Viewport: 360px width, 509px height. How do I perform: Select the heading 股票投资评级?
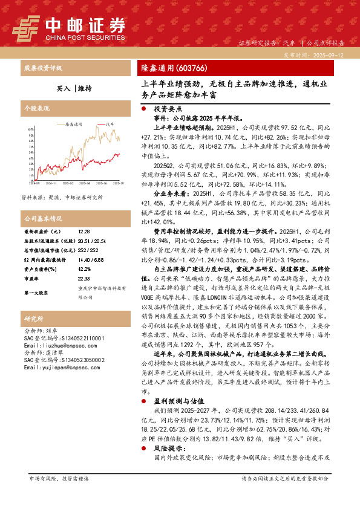42,68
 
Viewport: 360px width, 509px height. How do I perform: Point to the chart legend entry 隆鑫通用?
73,123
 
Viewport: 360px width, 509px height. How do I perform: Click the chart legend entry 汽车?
110,123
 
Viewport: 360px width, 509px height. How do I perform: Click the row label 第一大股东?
36,310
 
